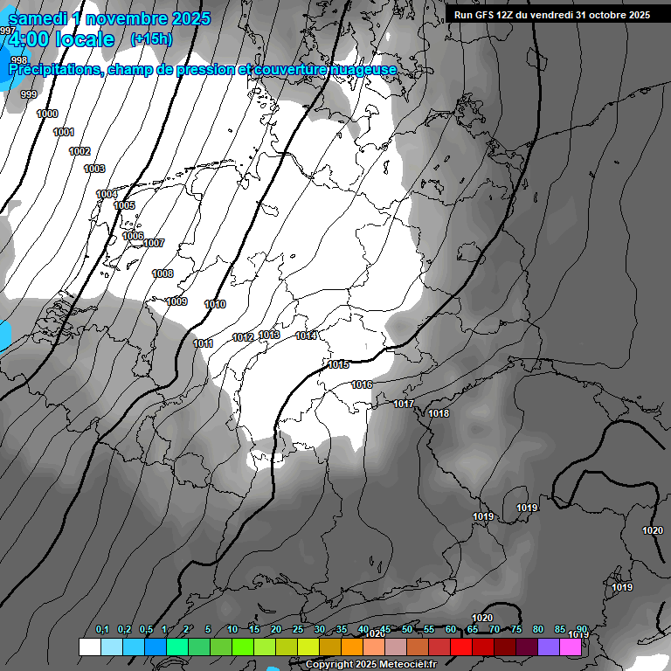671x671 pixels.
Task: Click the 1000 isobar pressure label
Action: click(x=47, y=114)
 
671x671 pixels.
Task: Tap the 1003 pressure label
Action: click(x=94, y=169)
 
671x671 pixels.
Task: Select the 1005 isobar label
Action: click(x=124, y=205)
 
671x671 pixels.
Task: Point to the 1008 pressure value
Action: click(x=163, y=274)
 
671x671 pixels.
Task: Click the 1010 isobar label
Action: click(x=215, y=305)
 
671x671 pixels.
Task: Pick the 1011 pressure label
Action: click(x=203, y=344)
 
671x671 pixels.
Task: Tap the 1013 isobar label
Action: click(x=269, y=335)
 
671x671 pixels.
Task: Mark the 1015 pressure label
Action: click(x=339, y=365)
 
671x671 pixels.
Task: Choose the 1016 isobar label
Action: click(x=362, y=385)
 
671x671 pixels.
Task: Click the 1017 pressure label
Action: click(x=404, y=405)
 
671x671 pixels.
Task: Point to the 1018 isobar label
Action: click(x=439, y=414)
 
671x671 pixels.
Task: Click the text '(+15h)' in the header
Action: click(x=151, y=39)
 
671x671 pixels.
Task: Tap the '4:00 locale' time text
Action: click(x=61, y=39)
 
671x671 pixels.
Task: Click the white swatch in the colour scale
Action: click(x=90, y=647)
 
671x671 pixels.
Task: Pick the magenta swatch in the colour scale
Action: click(x=570, y=647)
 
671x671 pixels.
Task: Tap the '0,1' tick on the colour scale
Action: click(x=102, y=630)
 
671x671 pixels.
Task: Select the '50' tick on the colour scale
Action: click(x=407, y=630)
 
